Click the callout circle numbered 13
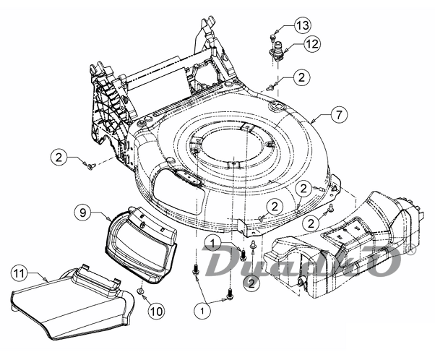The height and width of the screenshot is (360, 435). coord(303,27)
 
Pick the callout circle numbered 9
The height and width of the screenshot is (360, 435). coord(83,212)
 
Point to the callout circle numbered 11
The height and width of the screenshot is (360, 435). coord(20,273)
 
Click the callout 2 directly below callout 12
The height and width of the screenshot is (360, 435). coord(301,77)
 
